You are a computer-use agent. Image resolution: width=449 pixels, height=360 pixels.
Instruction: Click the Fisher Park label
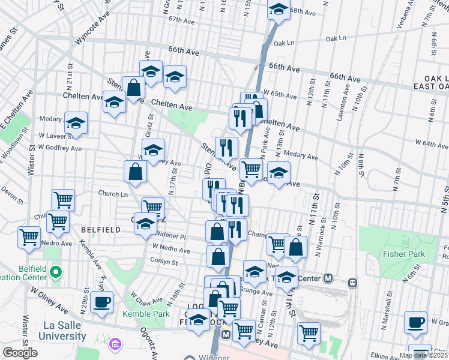[x=403, y=254]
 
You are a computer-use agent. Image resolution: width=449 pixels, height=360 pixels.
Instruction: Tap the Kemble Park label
[x=146, y=314]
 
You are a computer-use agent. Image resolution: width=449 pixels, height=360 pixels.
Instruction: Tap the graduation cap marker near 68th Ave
[x=279, y=10]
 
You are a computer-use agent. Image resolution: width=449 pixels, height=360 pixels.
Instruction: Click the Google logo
[x=20, y=353]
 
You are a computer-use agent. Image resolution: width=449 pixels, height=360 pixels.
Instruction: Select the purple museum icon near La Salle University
[x=115, y=344]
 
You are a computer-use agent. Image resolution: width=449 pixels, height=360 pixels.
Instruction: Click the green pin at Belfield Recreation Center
[x=56, y=274]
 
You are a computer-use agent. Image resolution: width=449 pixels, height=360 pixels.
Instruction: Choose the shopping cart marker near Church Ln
[x=63, y=200]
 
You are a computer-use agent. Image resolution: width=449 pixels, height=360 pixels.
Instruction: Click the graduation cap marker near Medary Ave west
[x=76, y=124]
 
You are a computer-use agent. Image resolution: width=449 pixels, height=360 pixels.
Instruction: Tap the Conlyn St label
[x=165, y=262]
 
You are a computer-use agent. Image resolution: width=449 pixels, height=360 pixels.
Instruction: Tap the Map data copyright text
[x=423, y=355]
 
